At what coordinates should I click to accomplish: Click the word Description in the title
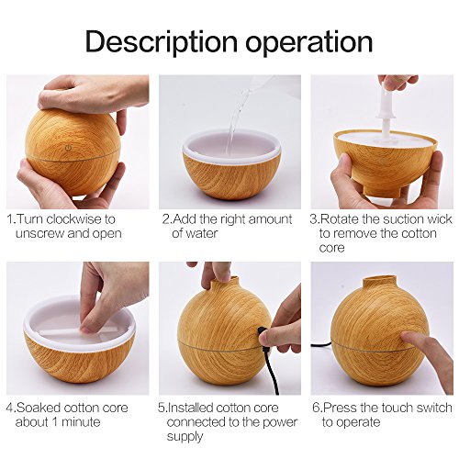click(x=162, y=42)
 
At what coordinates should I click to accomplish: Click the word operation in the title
click(x=309, y=42)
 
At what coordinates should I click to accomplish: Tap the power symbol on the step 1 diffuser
click(x=69, y=149)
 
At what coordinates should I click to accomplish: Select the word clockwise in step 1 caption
click(x=76, y=219)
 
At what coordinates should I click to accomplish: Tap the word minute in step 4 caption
click(x=81, y=422)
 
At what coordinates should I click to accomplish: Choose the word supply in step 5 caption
click(x=185, y=437)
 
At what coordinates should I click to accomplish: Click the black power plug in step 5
click(x=263, y=333)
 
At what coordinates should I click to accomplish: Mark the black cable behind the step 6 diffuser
click(x=321, y=345)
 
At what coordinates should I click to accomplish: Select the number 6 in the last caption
click(x=316, y=408)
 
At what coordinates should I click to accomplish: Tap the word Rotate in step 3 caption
click(x=340, y=219)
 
